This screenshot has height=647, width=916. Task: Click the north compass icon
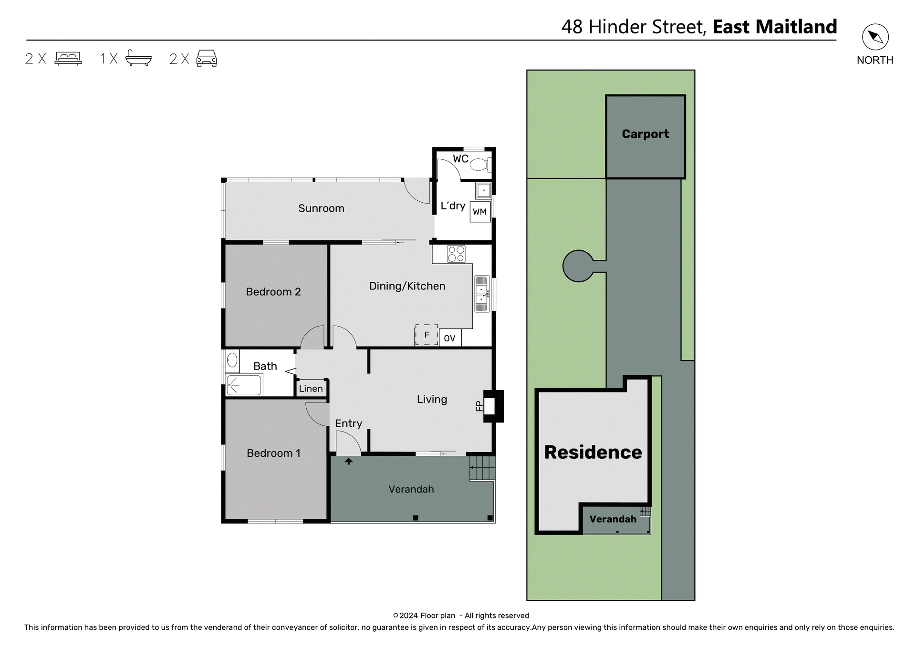click(875, 37)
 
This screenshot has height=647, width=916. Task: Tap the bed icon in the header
click(68, 58)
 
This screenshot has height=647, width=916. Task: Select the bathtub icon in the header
click(138, 58)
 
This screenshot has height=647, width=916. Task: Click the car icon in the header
click(207, 58)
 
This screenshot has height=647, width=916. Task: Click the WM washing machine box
click(479, 212)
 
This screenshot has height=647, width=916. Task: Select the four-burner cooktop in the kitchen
click(456, 254)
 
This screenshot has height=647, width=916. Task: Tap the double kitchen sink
click(481, 294)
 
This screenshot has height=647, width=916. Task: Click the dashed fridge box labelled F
click(426, 335)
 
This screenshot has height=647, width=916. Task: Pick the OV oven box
click(449, 338)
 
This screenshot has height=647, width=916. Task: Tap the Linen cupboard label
click(311, 389)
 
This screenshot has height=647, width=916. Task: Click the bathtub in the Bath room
click(244, 385)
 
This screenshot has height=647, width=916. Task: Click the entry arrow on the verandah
click(349, 461)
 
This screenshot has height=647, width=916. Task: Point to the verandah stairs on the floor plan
click(482, 468)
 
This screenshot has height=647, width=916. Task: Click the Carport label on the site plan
click(645, 134)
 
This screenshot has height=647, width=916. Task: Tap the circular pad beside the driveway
click(578, 266)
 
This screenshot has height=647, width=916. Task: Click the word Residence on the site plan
click(593, 452)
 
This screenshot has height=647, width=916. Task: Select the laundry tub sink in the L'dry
click(483, 191)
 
